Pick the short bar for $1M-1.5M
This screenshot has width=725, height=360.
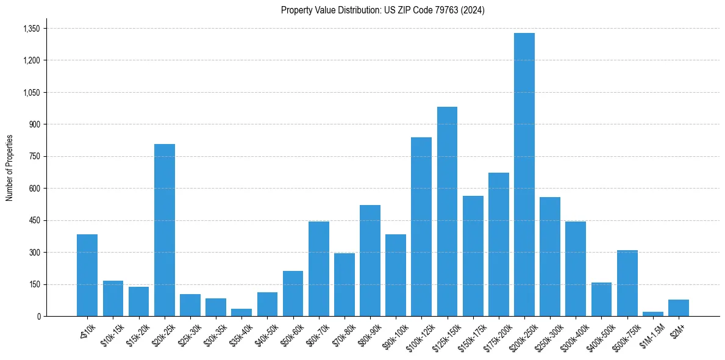coord(652,314)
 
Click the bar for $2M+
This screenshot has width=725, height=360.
coord(678,308)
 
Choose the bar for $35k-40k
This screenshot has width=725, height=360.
coord(241,312)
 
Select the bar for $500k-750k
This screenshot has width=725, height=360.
coord(627,283)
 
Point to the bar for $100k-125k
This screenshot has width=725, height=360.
coord(421,226)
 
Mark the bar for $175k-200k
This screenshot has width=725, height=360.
coord(498,244)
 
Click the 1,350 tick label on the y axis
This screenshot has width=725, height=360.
coord(31,29)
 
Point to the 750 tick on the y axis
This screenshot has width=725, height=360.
coord(34,156)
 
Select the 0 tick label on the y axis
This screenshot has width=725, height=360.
coord(38,316)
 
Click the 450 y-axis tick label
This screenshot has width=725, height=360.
coord(34,220)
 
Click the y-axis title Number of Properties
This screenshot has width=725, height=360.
coord(9,167)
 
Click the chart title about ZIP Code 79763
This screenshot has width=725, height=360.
coord(382,10)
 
